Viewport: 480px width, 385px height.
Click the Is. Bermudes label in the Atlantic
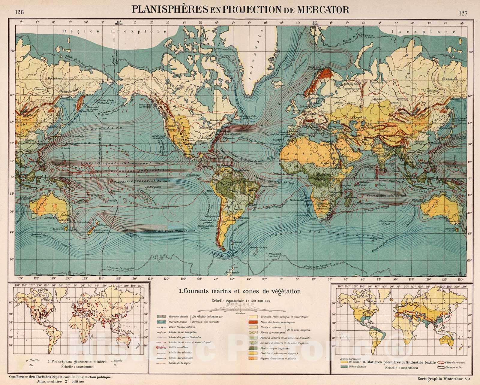[x=229, y=134]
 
